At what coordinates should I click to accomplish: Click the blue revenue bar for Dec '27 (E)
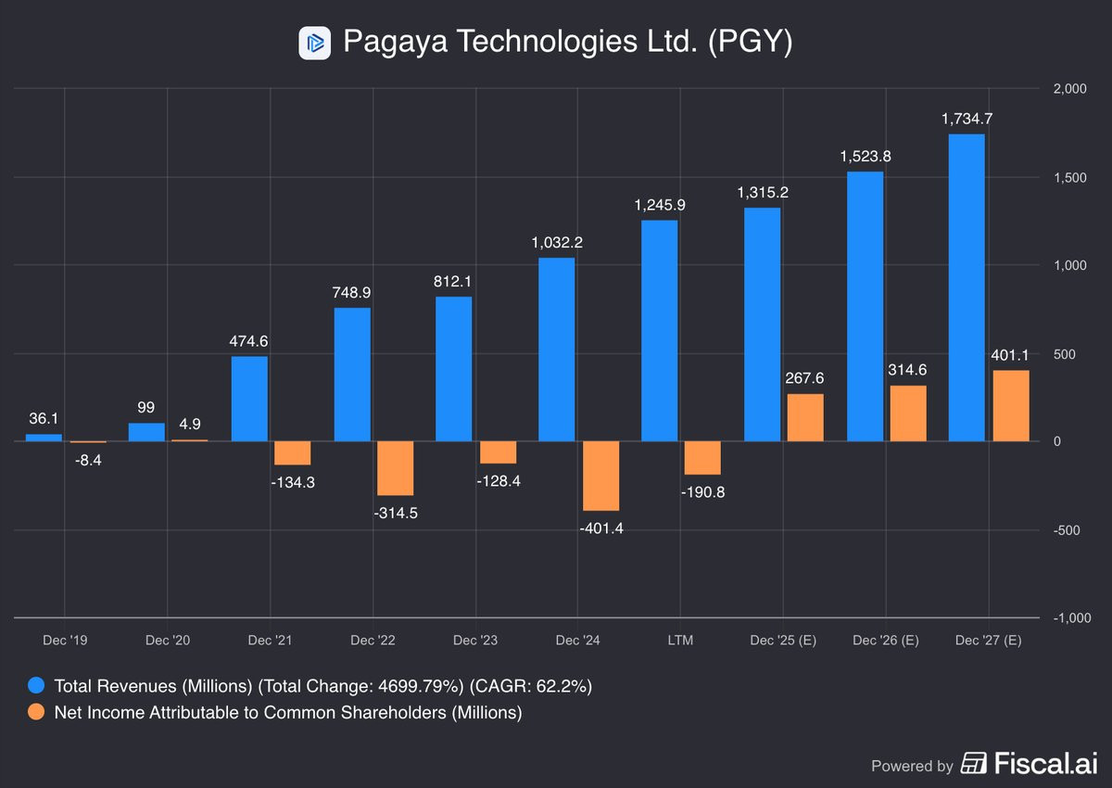(x=967, y=287)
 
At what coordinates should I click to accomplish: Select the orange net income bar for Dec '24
(x=600, y=476)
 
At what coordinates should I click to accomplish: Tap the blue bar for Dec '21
(x=249, y=399)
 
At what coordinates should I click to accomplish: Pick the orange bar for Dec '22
(x=395, y=468)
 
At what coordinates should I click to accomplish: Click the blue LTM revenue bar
(x=660, y=330)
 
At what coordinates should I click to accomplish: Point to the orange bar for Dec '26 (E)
(x=908, y=413)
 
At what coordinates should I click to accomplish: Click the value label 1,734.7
(x=967, y=119)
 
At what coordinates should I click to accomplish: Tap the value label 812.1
(x=454, y=281)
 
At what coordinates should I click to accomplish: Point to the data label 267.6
(x=805, y=377)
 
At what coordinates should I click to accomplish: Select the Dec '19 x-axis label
(x=64, y=641)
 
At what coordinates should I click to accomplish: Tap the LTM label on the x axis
(x=680, y=641)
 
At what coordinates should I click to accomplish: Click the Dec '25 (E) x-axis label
(x=783, y=641)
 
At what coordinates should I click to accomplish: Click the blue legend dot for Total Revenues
(x=35, y=687)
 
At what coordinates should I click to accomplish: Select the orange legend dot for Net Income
(x=35, y=713)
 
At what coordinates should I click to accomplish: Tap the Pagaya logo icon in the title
(x=314, y=43)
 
